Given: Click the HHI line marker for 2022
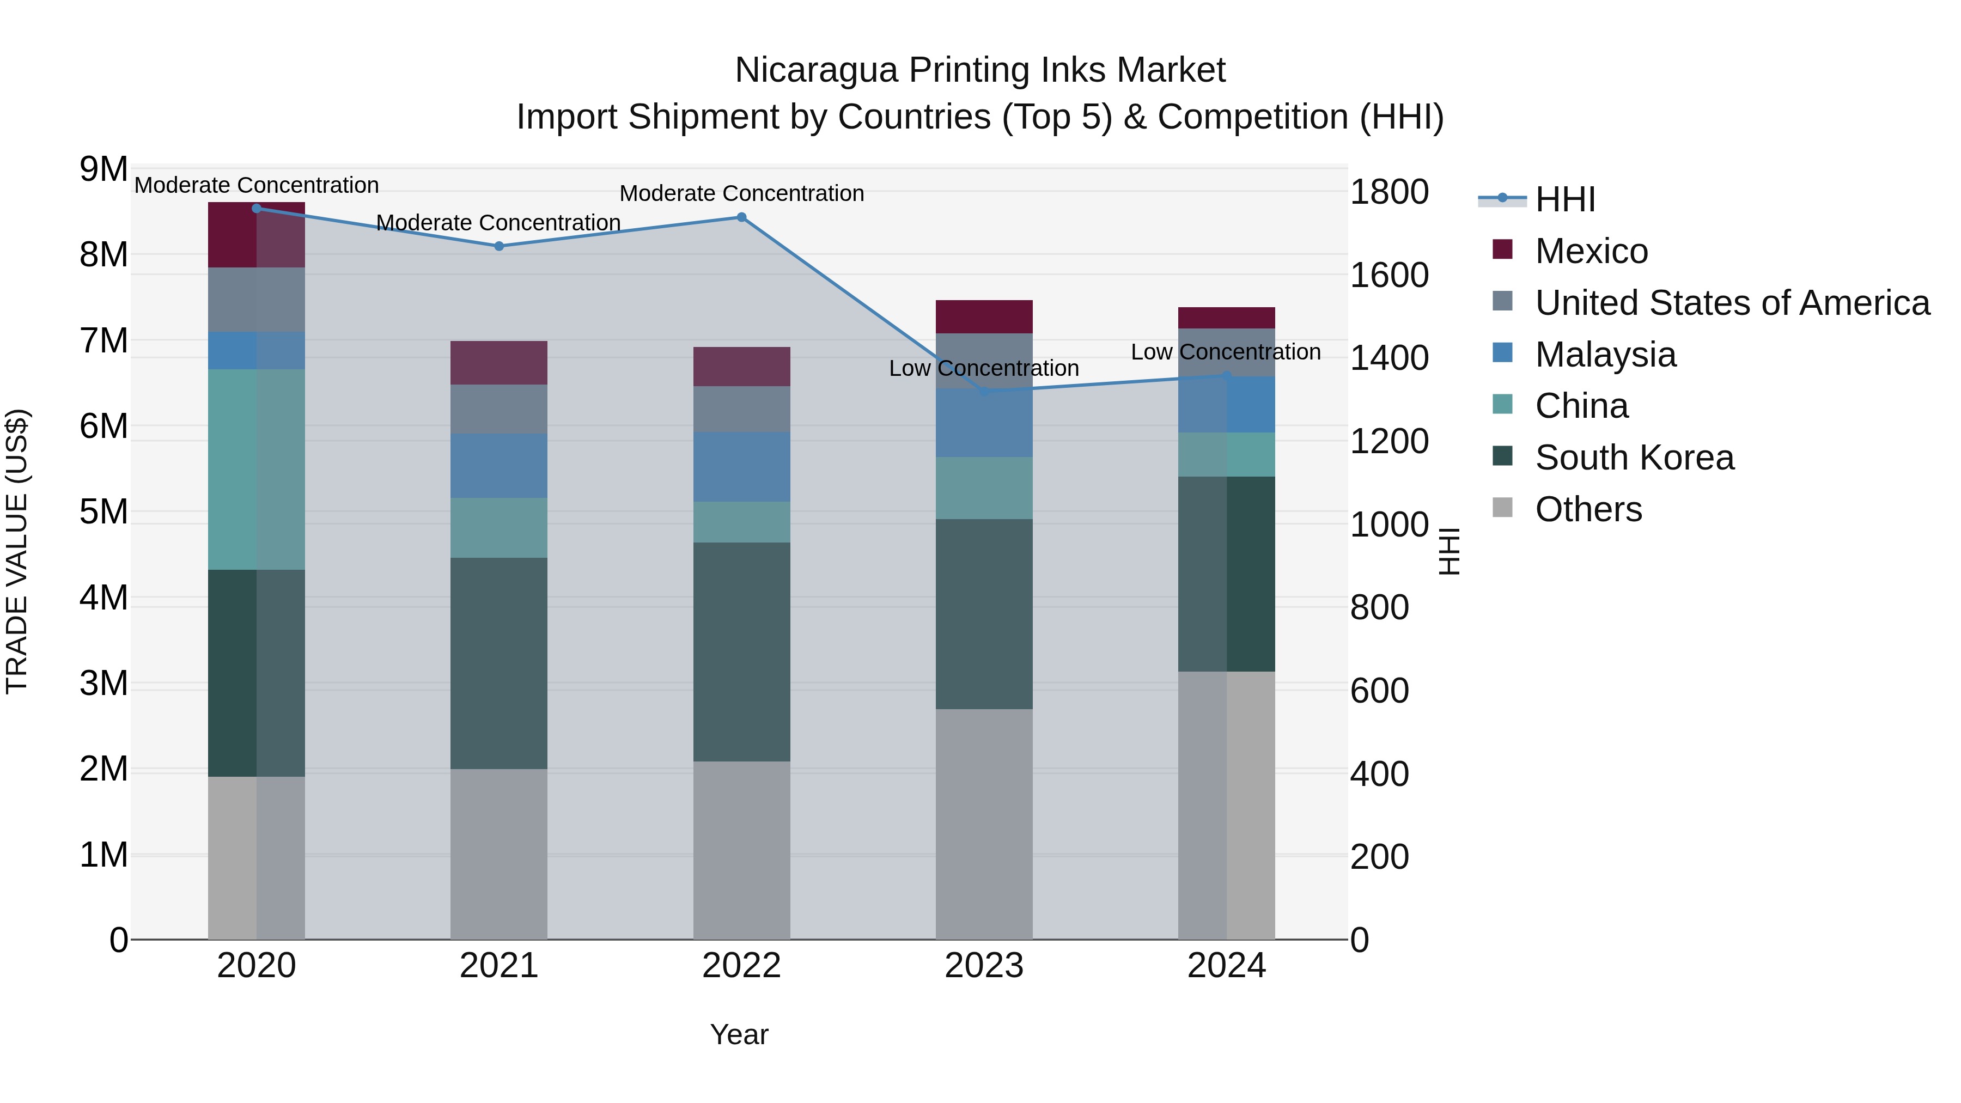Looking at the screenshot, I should click(741, 218).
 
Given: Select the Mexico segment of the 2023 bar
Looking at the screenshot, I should click(984, 316).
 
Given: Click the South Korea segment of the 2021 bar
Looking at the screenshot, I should click(498, 662).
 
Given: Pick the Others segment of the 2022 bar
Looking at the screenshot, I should click(741, 850).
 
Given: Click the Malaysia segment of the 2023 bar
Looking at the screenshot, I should click(984, 423).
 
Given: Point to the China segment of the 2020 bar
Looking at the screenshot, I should click(256, 469).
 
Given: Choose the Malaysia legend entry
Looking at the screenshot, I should click(1605, 355).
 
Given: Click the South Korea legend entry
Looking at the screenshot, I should click(1634, 458).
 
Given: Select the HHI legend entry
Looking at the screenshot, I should click(1564, 199).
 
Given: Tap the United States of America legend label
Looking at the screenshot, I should click(1732, 303).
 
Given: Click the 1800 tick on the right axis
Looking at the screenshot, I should click(1388, 192).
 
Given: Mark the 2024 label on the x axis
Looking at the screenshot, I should click(1226, 966).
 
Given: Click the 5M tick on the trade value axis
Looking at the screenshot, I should click(103, 511).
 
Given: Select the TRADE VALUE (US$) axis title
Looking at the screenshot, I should click(17, 551).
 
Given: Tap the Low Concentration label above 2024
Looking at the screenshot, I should click(1225, 352).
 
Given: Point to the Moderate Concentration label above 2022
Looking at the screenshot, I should click(741, 193).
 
